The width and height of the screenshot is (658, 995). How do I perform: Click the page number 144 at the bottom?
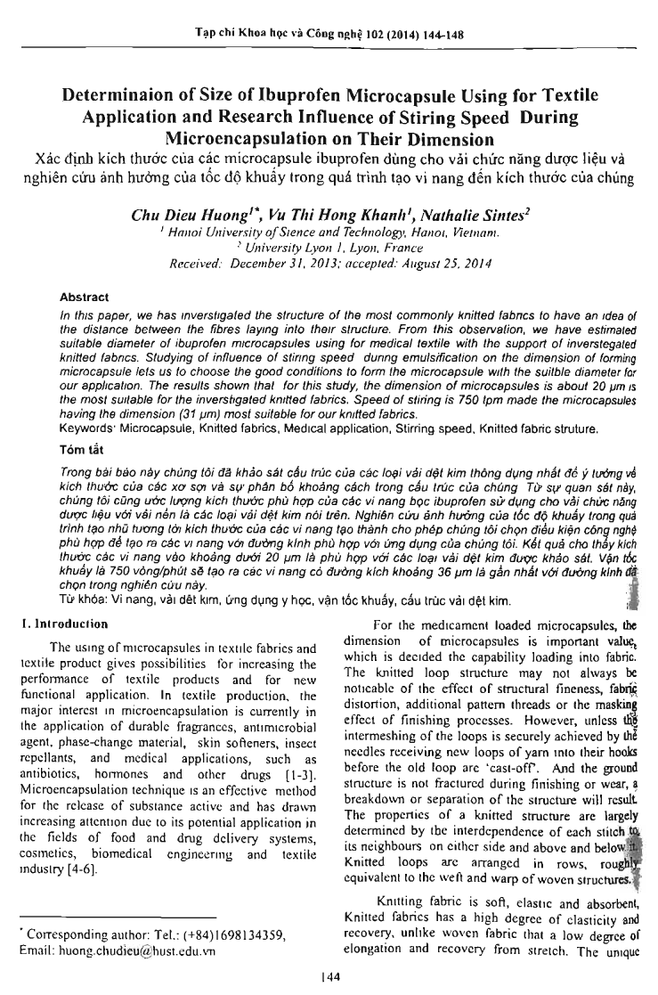pyautogui.click(x=329, y=977)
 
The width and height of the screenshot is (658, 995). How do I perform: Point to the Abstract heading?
pyautogui.click(x=84, y=297)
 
